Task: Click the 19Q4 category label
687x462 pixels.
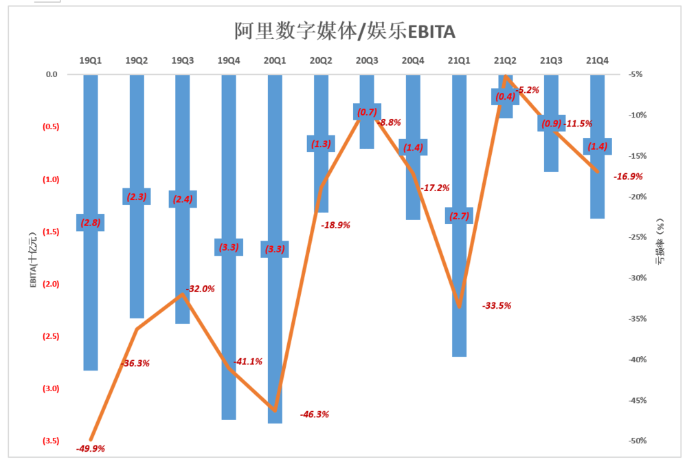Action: [x=229, y=61]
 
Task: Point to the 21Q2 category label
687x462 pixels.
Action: [x=505, y=61]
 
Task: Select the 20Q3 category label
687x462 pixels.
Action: [x=367, y=61]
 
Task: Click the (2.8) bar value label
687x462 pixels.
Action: [x=91, y=223]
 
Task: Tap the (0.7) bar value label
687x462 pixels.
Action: [x=367, y=112]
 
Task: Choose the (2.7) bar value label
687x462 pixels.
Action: [x=459, y=216]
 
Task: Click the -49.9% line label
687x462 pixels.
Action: [x=91, y=449]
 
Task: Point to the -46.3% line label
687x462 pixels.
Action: [x=315, y=415]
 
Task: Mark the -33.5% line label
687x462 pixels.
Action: [x=497, y=306]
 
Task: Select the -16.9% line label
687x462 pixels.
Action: [x=629, y=177]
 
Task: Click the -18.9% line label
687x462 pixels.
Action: [x=336, y=225]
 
